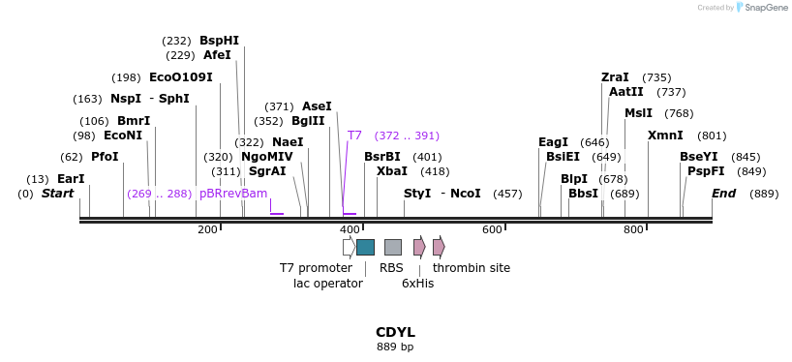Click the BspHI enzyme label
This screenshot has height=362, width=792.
click(x=219, y=41)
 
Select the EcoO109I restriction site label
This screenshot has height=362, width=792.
click(x=180, y=77)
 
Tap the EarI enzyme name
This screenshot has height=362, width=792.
click(x=71, y=179)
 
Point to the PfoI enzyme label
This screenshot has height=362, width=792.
click(x=105, y=157)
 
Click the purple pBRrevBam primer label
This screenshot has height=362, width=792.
click(x=232, y=194)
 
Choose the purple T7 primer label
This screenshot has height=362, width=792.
click(x=354, y=136)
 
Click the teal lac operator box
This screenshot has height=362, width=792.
click(x=365, y=247)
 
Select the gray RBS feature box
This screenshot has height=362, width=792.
click(x=392, y=247)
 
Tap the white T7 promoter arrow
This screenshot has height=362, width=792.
click(x=349, y=247)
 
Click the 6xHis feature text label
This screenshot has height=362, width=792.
click(x=418, y=284)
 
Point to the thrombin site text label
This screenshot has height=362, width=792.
click(x=472, y=268)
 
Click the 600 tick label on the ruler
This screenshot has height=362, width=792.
click(x=492, y=229)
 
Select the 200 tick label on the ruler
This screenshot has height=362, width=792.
click(x=207, y=229)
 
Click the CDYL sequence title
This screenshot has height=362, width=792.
click(x=395, y=332)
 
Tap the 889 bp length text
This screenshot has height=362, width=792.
click(x=395, y=347)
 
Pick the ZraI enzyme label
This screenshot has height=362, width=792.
click(x=615, y=77)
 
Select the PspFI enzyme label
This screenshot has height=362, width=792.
click(x=706, y=171)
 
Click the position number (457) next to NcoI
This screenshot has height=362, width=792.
click(x=507, y=194)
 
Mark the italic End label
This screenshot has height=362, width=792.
click(x=723, y=194)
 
